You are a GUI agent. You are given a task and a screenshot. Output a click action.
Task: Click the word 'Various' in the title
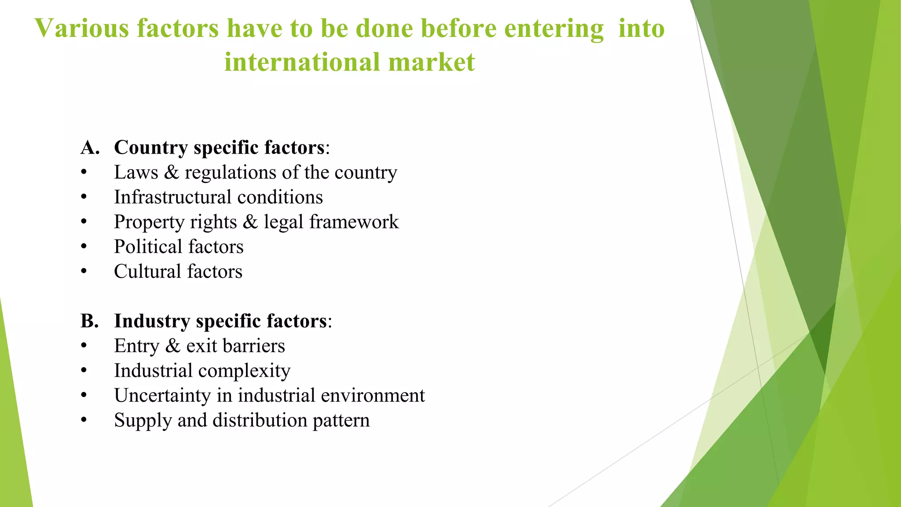[82, 29]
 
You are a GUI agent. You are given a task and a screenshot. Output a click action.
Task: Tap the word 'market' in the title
[432, 62]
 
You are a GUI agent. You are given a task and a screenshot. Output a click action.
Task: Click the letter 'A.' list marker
[90, 147]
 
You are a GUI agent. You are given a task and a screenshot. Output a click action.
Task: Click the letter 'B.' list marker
[90, 321]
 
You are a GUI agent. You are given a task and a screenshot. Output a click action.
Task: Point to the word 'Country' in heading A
[151, 147]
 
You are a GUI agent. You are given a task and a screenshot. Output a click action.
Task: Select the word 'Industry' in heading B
[152, 321]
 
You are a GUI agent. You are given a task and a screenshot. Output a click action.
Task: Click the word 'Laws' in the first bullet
[136, 173]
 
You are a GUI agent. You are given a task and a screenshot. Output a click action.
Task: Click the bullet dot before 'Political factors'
[84, 247]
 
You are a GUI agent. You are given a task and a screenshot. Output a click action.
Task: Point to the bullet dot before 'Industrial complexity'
[84, 371]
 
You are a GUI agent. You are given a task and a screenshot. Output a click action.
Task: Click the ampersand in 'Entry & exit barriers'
[173, 346]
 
